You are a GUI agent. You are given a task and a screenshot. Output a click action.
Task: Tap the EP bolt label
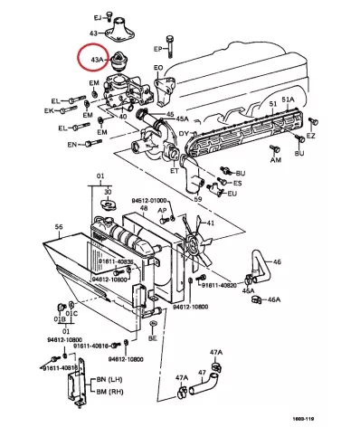pos(157,48)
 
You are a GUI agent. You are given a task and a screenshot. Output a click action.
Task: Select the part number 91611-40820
pos(218,285)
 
